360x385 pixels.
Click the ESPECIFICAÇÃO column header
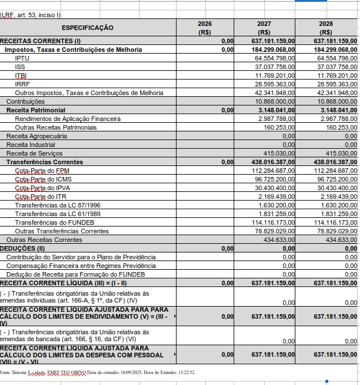point(88,28)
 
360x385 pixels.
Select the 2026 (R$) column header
point(204,28)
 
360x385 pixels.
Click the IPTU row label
point(22,58)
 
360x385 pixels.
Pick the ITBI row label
point(21,76)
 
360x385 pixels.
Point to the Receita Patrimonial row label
point(36,110)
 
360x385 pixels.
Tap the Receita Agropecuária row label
point(36,136)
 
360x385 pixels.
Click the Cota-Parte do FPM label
point(42,171)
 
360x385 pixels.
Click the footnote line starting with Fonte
point(98,373)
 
